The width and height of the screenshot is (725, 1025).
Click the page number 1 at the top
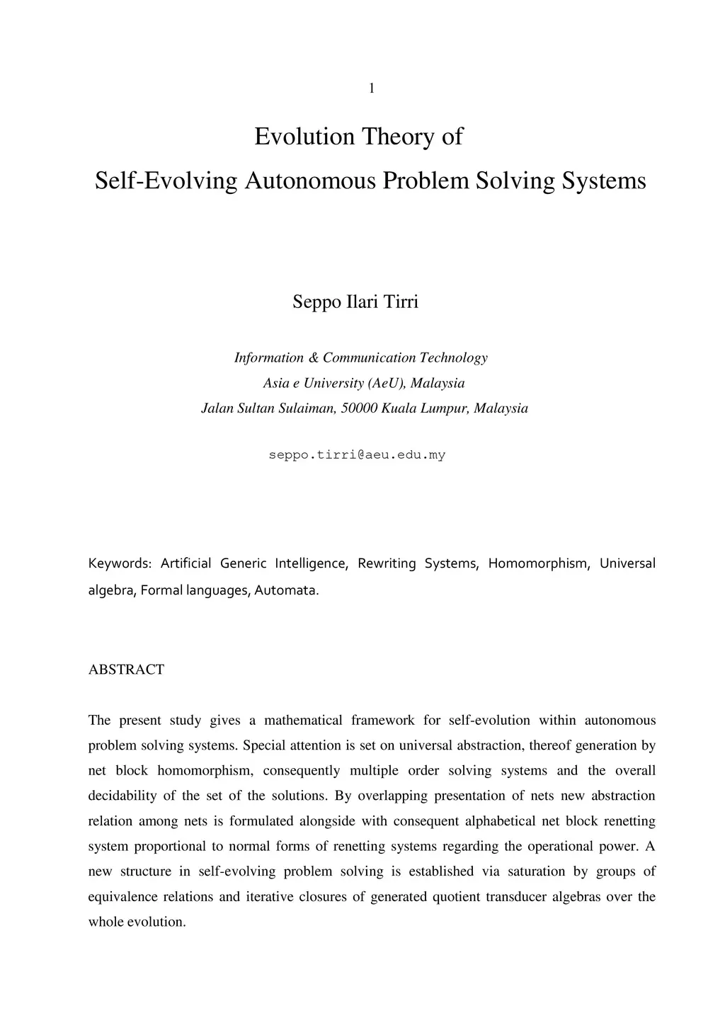(x=371, y=88)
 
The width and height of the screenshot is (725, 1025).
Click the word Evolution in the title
(x=304, y=136)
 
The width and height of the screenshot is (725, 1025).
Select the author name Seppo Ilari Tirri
(x=355, y=302)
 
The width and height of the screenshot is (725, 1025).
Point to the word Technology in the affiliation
(x=453, y=357)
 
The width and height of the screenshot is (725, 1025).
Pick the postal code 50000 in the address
(x=359, y=408)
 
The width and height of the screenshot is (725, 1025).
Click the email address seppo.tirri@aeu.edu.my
(x=357, y=455)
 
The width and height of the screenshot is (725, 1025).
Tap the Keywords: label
(x=120, y=563)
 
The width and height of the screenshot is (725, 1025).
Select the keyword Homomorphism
(x=538, y=563)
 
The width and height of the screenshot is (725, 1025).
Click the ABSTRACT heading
(x=126, y=670)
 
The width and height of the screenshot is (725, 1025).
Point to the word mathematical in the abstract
(x=303, y=721)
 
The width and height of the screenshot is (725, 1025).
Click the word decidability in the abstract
(x=122, y=796)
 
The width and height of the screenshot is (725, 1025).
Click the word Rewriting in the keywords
(x=387, y=563)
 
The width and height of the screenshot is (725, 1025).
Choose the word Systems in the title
(x=604, y=181)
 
